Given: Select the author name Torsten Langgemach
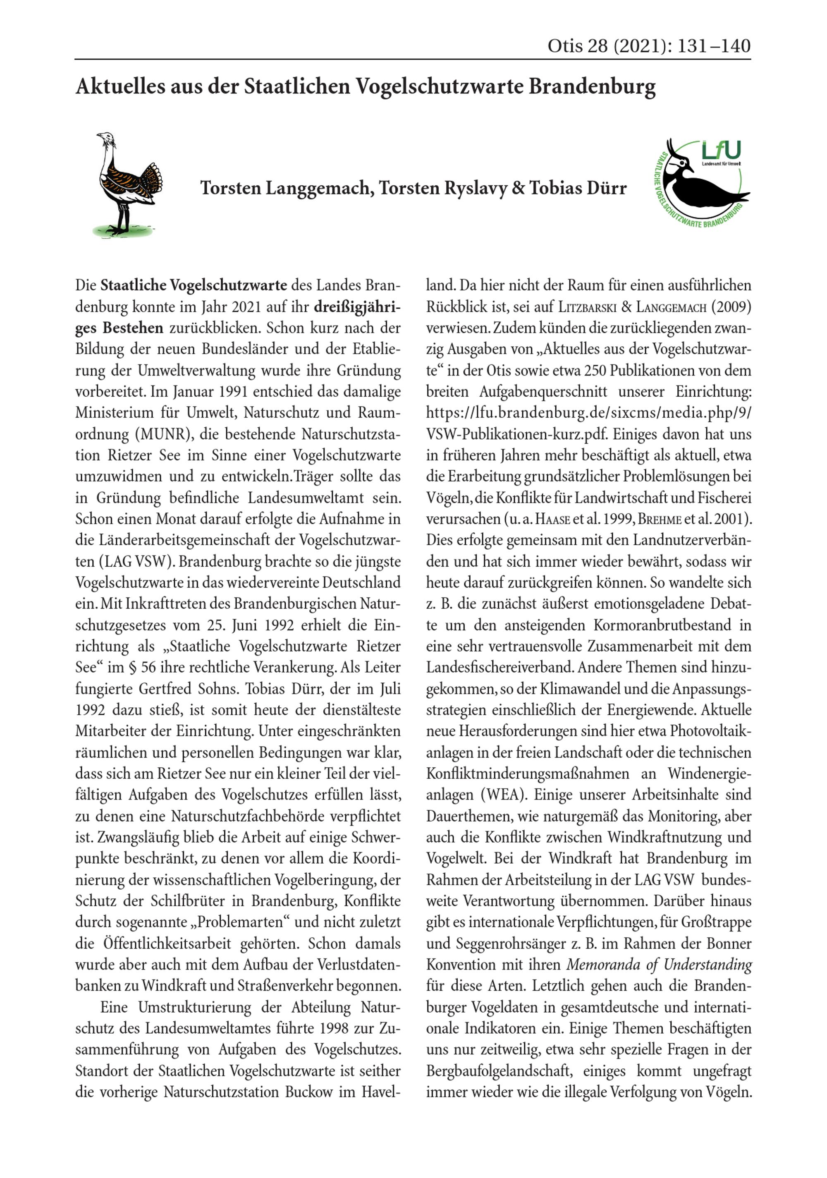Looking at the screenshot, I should click(285, 188).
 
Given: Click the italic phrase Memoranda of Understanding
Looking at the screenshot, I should click(659, 965).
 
